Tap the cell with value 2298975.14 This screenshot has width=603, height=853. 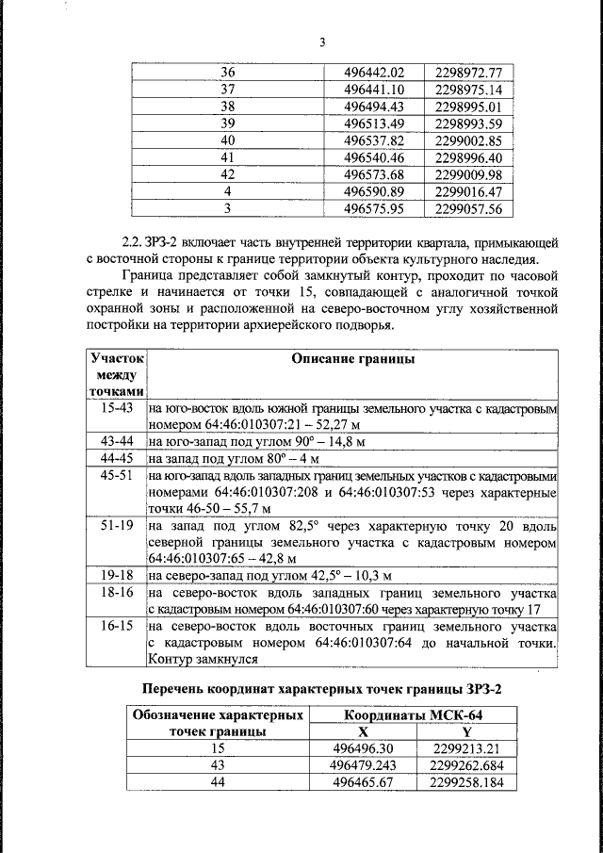point(468,90)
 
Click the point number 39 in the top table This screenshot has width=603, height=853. point(226,124)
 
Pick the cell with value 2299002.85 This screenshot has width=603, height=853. point(468,141)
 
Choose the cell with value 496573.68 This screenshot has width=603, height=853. point(374,175)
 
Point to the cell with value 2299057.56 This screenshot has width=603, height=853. point(468,209)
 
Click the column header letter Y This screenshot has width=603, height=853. point(465,731)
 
